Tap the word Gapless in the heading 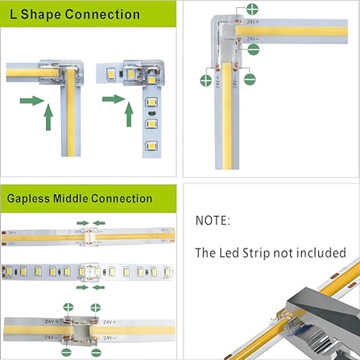29,199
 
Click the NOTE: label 212,221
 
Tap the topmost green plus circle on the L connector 252,9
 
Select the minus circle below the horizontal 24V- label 253,49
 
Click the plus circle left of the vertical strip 206,80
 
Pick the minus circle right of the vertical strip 249,80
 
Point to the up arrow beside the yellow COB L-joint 48,117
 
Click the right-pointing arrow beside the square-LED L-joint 113,99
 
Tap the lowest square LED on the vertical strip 151,146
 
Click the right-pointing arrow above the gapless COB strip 82,223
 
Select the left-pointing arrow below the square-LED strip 99,287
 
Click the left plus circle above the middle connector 68,308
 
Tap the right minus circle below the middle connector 96,353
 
